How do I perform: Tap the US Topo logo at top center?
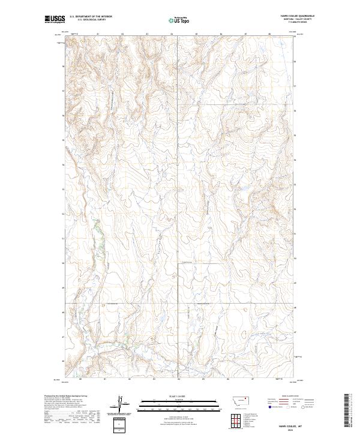tap(180, 20)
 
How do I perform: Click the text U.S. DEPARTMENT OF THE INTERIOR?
tap(91, 16)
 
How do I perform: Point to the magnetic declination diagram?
tap(120, 403)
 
